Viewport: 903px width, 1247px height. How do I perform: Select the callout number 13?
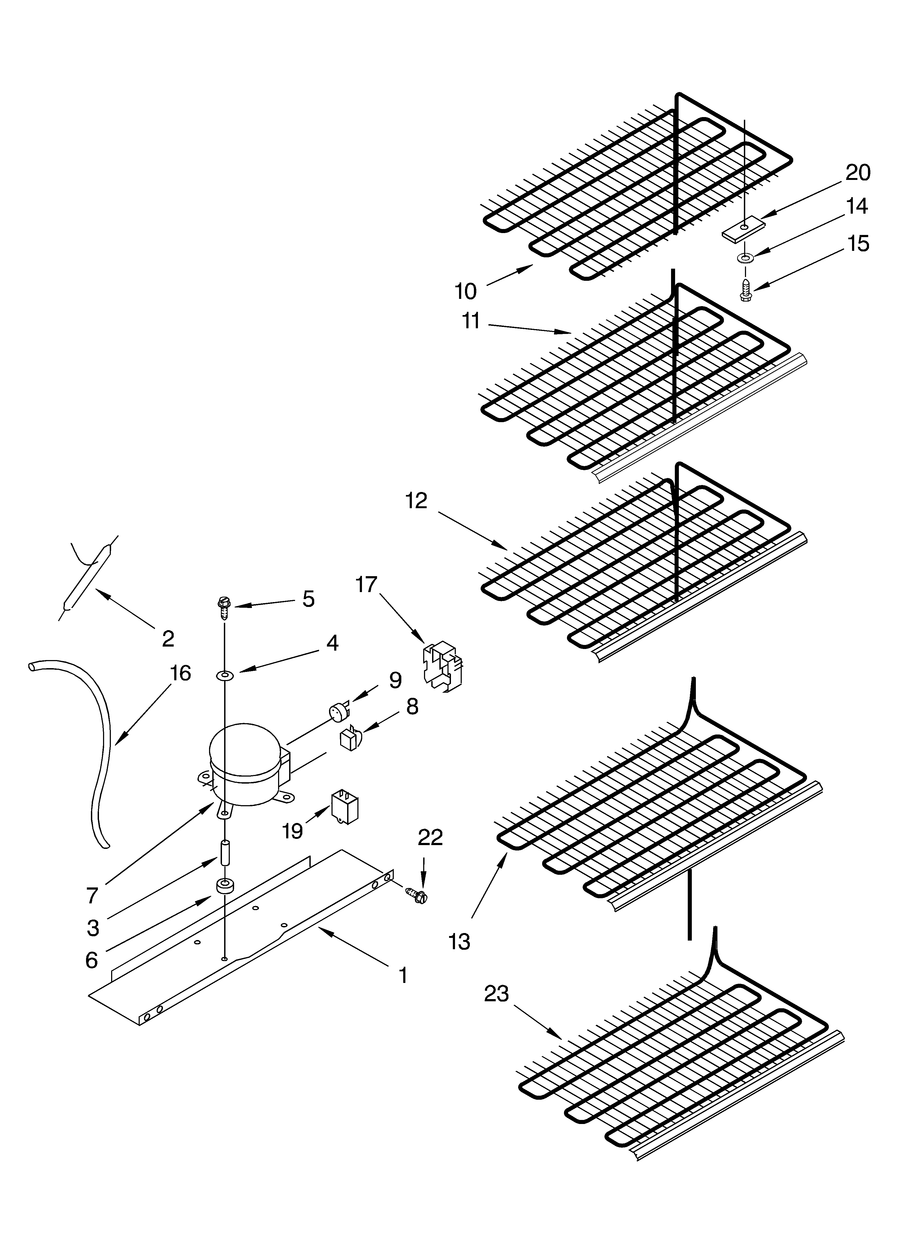tap(459, 942)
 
